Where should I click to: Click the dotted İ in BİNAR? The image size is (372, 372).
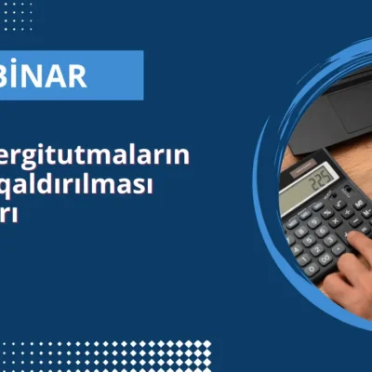point(26,75)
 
